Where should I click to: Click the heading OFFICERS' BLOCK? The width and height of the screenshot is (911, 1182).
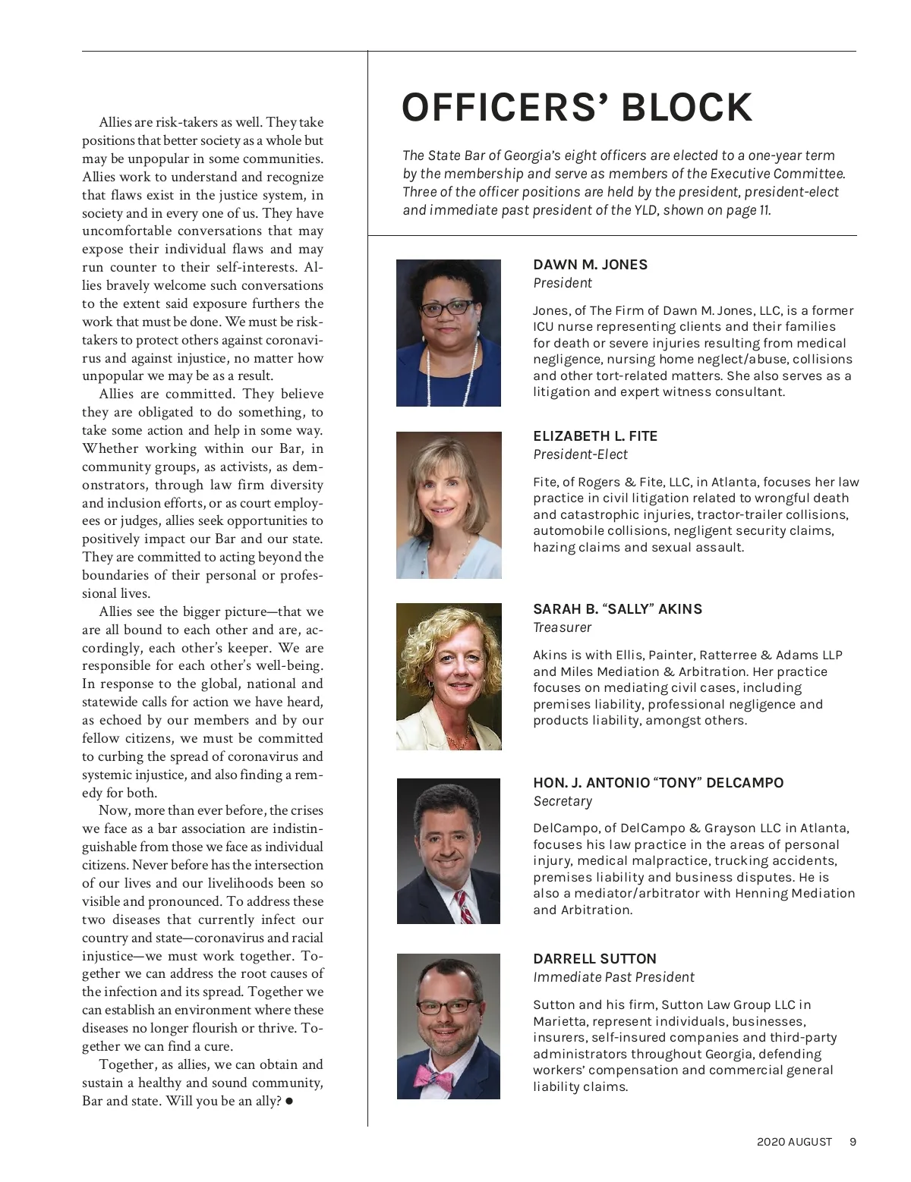[576, 107]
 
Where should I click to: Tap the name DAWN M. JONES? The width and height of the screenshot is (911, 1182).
[590, 265]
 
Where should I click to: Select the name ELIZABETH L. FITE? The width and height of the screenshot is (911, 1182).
[595, 436]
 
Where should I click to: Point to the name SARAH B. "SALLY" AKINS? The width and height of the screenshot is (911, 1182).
[617, 609]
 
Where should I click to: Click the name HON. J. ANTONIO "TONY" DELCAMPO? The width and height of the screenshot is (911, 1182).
[658, 783]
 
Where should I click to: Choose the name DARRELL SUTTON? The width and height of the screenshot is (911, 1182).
[594, 959]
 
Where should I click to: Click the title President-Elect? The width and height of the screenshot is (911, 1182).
[580, 454]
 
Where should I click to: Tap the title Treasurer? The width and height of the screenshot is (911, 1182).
[562, 627]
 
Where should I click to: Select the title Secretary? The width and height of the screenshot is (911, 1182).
[562, 801]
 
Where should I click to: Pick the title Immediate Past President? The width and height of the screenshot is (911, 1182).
[613, 977]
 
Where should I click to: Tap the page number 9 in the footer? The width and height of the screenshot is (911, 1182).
[853, 1142]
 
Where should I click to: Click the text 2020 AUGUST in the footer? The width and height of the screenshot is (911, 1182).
[794, 1142]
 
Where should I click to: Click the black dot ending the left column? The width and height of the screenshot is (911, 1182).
[289, 1101]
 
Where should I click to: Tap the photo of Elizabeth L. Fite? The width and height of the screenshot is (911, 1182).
[449, 505]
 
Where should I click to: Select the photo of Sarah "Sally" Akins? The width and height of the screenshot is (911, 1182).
[449, 677]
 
